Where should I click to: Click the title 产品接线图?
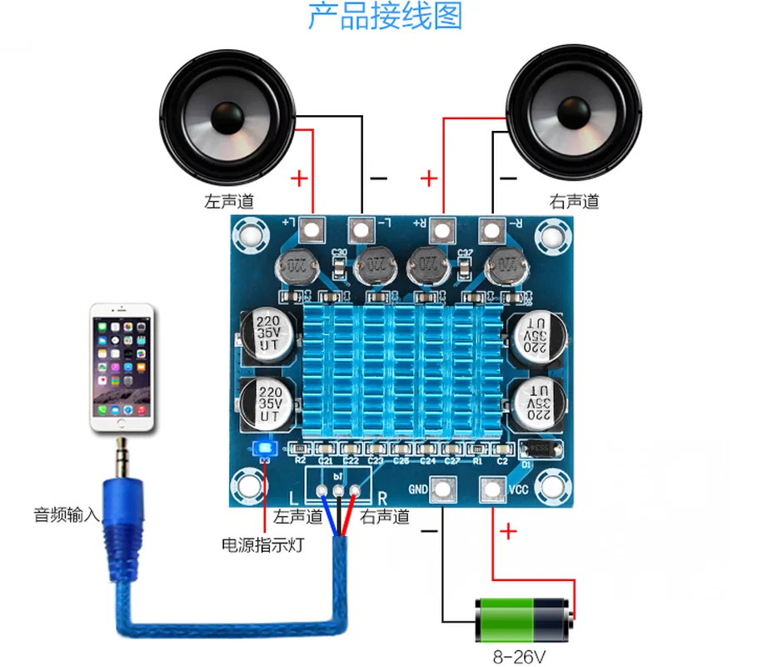(x=385, y=17)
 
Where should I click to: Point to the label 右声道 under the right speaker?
(x=574, y=202)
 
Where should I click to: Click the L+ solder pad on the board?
(x=312, y=227)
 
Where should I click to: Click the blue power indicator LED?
(x=265, y=447)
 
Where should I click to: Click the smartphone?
(x=122, y=367)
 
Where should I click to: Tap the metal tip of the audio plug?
(x=122, y=456)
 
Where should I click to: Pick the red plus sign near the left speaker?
(x=298, y=178)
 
